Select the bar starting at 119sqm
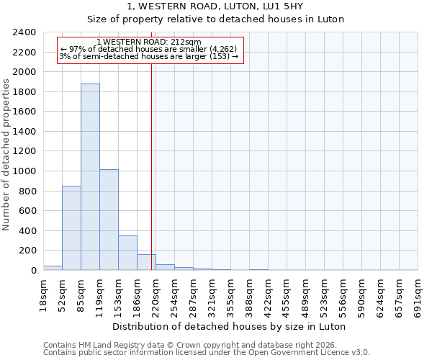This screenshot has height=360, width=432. point(109,220)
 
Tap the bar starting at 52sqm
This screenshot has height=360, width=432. point(71,228)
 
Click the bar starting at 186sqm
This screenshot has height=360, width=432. point(146,262)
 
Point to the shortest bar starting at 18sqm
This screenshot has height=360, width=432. point(53,268)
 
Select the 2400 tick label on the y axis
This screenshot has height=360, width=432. point(24,32)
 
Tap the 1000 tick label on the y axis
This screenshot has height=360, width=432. point(24,171)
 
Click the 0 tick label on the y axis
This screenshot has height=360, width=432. point(32,271)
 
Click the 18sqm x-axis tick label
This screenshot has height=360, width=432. point(44,293)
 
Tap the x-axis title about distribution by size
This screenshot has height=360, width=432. point(230,326)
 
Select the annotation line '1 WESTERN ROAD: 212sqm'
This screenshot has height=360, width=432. point(149,42)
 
